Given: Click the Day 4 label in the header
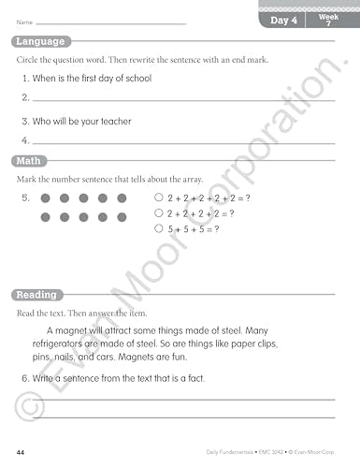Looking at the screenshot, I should tap(284, 20).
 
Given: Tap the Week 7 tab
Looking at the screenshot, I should tap(328, 20).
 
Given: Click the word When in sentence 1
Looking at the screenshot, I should tap(44, 79).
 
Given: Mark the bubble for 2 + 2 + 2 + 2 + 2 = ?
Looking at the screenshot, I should tap(158, 198).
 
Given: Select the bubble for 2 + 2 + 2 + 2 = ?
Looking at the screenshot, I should tap(158, 213).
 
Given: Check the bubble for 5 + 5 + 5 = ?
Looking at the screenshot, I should tap(158, 228).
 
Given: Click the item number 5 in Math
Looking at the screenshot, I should tap(24, 198).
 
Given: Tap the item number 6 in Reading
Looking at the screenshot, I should tap(24, 378).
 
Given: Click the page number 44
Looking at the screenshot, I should tap(21, 452).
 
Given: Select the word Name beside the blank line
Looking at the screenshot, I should tap(23, 22).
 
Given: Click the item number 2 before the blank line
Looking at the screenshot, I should tap(24, 97).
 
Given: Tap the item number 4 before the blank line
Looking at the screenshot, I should tap(24, 140).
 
